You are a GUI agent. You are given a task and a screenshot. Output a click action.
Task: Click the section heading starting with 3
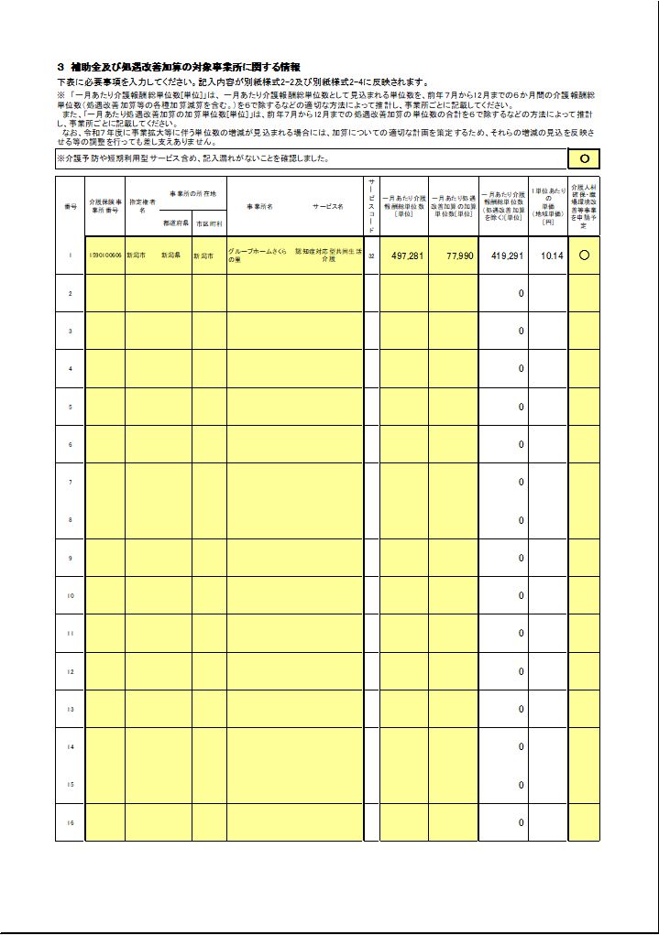(179, 67)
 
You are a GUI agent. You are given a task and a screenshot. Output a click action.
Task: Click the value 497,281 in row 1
(407, 256)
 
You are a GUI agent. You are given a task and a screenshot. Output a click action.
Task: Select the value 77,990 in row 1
(459, 256)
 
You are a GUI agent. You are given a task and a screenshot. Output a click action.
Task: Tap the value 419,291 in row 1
(507, 256)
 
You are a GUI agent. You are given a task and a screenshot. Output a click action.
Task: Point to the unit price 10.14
(552, 256)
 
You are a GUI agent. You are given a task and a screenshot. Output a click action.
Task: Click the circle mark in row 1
(584, 255)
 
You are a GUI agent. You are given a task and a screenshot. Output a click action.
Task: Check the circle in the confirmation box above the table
(584, 159)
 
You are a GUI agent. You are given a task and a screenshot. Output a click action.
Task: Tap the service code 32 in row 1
(371, 256)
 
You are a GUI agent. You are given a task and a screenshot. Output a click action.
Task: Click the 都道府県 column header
(176, 223)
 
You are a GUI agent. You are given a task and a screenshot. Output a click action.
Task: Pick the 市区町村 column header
(209, 223)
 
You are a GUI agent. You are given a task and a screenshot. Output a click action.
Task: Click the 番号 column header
(71, 206)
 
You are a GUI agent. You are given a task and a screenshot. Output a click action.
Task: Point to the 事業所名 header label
(259, 206)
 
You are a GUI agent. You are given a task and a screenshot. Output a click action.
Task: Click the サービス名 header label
(327, 206)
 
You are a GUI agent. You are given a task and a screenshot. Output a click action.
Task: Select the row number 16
(71, 822)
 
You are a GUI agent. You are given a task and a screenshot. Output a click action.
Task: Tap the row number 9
(71, 558)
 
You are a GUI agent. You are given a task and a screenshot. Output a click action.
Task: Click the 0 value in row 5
(521, 407)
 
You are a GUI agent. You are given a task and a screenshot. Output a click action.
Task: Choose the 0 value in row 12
(521, 671)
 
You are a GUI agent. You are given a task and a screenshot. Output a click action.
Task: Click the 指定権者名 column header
(142, 203)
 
